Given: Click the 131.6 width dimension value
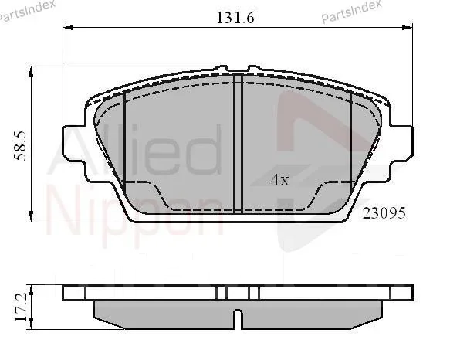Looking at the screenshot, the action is [235, 18].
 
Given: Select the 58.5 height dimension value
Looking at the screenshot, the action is [21, 146].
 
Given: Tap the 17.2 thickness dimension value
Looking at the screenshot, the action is [22, 307].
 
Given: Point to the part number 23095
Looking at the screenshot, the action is [384, 213].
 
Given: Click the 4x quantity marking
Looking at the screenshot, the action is [280, 180].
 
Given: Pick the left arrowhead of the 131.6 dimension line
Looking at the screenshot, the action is [68, 28].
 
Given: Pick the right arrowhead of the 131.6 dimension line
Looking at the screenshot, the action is [408, 28].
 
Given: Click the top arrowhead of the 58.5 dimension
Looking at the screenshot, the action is [31, 72].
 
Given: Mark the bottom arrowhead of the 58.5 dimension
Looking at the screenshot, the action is [31, 216].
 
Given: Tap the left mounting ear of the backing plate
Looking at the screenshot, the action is [74, 143].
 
